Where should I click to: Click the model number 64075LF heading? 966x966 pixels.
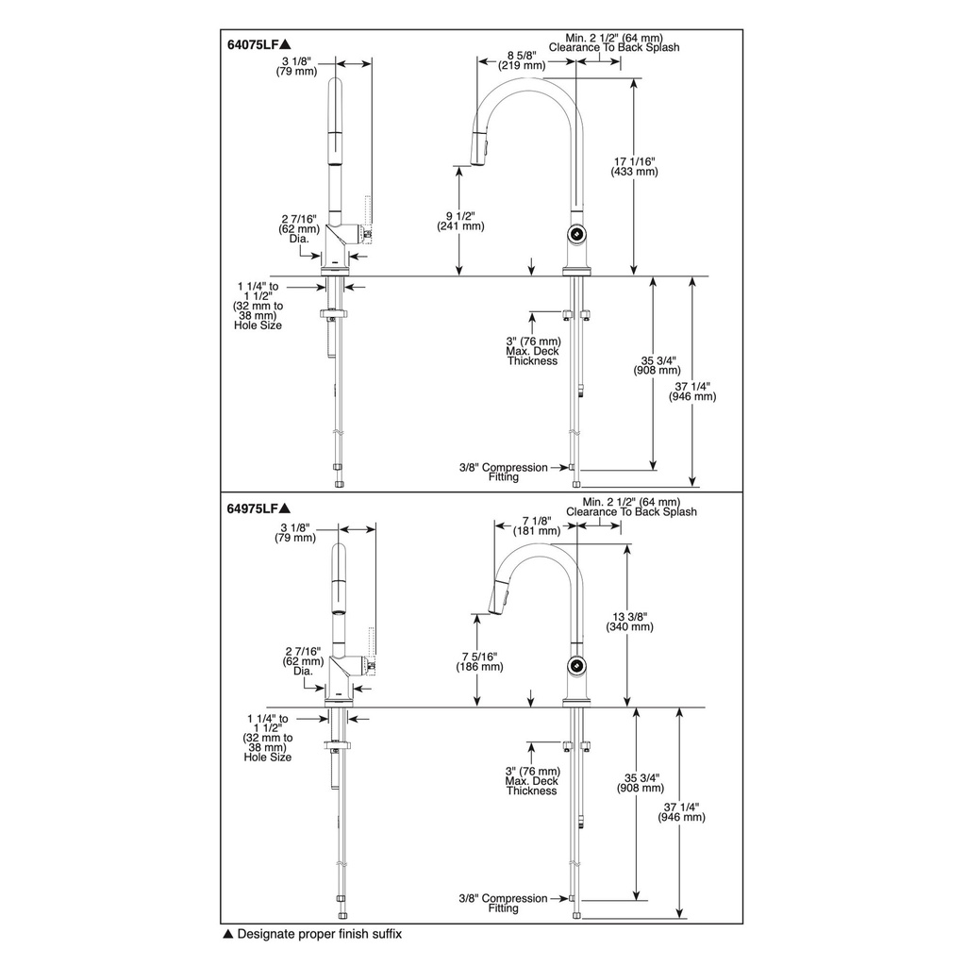(x=254, y=44)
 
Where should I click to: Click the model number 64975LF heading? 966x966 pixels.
(x=254, y=508)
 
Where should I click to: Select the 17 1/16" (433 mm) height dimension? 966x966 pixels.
(x=635, y=166)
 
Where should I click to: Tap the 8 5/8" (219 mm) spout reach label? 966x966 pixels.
(x=523, y=59)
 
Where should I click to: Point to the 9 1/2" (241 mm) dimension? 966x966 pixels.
(x=460, y=221)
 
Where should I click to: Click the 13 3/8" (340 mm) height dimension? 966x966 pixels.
(x=629, y=622)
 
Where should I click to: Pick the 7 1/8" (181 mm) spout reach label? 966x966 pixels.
(x=537, y=525)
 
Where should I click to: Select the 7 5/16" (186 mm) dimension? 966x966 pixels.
(x=479, y=661)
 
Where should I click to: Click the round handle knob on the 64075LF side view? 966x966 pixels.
(x=576, y=234)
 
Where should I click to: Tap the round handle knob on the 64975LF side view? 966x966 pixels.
(x=576, y=665)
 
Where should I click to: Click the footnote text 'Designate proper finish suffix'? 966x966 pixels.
(x=319, y=934)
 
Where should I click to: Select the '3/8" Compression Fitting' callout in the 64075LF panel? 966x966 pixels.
(x=504, y=472)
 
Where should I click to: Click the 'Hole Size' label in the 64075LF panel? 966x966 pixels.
(x=258, y=325)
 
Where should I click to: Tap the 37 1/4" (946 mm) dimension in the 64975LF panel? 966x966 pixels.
(x=681, y=812)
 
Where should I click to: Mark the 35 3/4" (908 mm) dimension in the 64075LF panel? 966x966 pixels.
(x=658, y=365)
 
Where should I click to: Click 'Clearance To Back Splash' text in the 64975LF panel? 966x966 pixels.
(x=631, y=512)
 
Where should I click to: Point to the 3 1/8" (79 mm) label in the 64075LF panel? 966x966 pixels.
(x=297, y=66)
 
